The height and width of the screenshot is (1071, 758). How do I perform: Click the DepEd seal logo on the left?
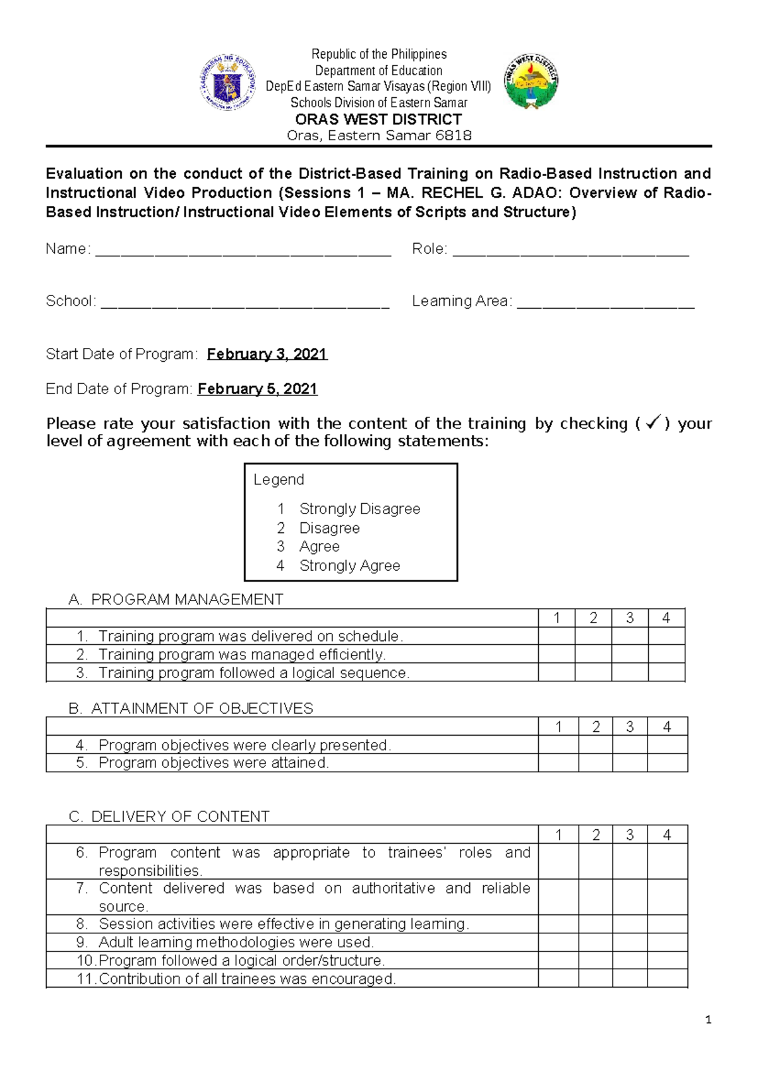click(x=227, y=83)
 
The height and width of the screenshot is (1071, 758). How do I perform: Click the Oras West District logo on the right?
click(x=531, y=81)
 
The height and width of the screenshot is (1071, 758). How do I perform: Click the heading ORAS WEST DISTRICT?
click(x=378, y=119)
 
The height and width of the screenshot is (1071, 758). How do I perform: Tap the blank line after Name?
click(x=243, y=251)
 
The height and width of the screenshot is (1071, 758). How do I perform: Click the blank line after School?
click(x=245, y=304)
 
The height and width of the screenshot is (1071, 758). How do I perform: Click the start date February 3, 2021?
click(x=267, y=354)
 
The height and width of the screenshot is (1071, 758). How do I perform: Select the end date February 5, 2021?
click(x=257, y=389)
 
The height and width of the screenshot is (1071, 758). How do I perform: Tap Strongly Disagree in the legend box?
click(x=359, y=509)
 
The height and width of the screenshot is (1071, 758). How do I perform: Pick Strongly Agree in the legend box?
click(x=349, y=566)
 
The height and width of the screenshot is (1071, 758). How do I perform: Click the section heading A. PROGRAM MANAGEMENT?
click(x=176, y=599)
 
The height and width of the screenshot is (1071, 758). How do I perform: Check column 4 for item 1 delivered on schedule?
click(x=666, y=636)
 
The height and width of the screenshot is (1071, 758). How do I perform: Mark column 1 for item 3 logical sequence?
click(x=556, y=673)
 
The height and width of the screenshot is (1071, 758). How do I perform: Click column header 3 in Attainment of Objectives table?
click(x=630, y=727)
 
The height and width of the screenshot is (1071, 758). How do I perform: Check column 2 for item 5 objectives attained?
click(x=596, y=763)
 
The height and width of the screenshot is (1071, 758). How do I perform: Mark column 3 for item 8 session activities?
click(x=630, y=924)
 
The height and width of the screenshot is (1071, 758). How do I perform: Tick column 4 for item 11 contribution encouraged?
click(x=667, y=979)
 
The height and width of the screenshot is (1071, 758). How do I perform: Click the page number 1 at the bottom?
click(x=708, y=1020)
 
